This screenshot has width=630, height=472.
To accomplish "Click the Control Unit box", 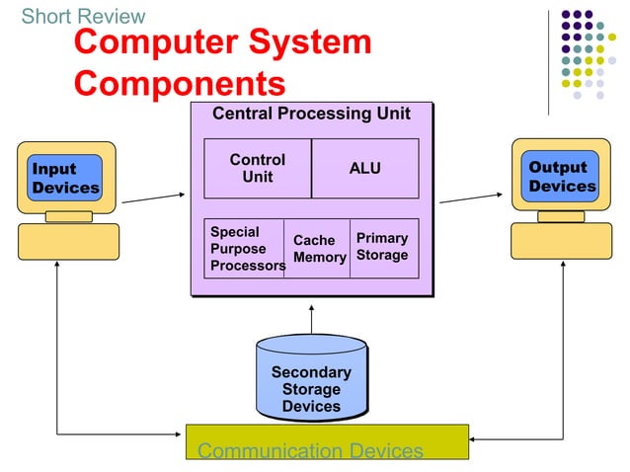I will [x=257, y=168].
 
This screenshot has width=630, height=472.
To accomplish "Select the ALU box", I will [x=364, y=168].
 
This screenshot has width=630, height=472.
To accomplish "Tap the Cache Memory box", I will [x=318, y=249].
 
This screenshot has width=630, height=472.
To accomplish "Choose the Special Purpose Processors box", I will [x=244, y=249].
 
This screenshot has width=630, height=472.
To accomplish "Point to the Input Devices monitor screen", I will [x=65, y=178].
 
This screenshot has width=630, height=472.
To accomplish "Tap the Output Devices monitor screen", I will [x=561, y=177].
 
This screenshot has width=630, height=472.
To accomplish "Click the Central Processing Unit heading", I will [x=311, y=114].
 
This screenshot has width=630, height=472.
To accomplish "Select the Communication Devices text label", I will [x=310, y=451].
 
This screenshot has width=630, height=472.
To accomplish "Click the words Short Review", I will [x=83, y=16].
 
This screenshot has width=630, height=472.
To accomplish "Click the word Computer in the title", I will [x=155, y=42].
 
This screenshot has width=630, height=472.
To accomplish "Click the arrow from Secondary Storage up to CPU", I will [x=311, y=321].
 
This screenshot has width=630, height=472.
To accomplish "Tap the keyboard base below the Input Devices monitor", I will [x=68, y=241].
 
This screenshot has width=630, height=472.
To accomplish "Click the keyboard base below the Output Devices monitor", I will [x=561, y=241].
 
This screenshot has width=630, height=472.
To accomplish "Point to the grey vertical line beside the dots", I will [x=549, y=59].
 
